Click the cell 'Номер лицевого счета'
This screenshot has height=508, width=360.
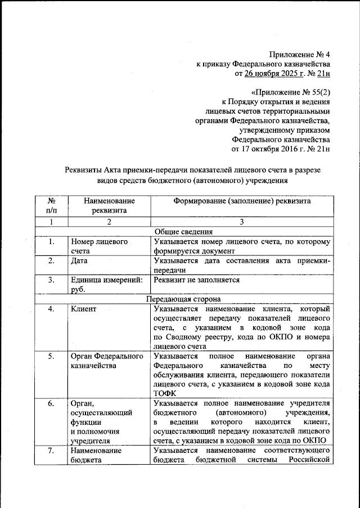pos(98,246)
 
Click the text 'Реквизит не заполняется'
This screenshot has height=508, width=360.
pos(196,280)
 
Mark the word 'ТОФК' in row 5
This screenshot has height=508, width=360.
pos(164,394)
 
